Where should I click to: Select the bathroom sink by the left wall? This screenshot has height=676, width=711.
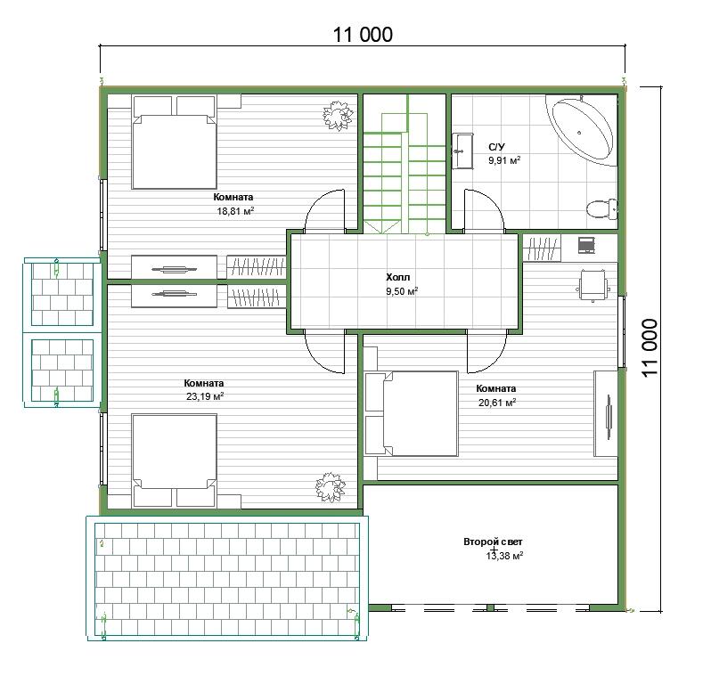click(x=462, y=151)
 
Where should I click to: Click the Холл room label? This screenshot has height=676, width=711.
click(x=397, y=277)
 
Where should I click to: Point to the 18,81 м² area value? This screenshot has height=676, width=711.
click(x=235, y=211)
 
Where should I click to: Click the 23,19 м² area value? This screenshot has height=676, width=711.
click(x=205, y=396)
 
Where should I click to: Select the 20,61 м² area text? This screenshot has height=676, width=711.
click(x=497, y=403)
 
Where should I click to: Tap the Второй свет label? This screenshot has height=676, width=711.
click(x=493, y=542)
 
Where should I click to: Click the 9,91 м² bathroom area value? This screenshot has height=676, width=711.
click(x=504, y=160)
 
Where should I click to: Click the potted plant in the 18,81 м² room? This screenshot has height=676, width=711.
click(x=338, y=116)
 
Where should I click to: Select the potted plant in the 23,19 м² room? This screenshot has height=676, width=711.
click(x=330, y=487)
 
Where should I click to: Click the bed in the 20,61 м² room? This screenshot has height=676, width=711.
click(x=412, y=413)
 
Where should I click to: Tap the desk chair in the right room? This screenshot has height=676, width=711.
click(x=592, y=285)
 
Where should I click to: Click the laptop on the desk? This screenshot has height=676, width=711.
click(x=586, y=245)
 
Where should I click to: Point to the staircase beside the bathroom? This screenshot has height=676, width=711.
click(x=405, y=164)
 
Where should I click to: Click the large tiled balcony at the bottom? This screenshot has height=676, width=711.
click(x=226, y=578)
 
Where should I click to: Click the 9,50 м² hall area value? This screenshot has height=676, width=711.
click(x=402, y=291)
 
